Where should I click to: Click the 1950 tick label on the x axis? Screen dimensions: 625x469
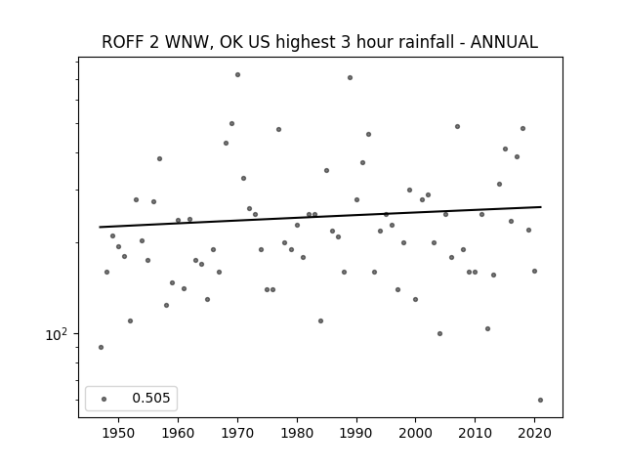point(118,433)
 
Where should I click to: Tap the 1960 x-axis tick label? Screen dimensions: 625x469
point(178,433)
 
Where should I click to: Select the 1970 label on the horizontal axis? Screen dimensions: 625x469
point(237,433)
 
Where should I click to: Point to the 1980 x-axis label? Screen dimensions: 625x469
point(297,433)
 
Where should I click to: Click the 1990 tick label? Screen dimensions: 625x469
point(356,433)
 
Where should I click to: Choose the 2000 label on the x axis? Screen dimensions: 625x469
point(415,433)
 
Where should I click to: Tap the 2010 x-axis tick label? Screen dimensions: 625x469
point(475,433)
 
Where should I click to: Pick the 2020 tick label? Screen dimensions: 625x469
point(534,433)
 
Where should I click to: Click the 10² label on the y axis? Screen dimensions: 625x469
point(56,334)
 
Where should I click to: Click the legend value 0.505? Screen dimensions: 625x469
point(151,398)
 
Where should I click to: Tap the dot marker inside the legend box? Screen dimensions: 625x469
point(104,399)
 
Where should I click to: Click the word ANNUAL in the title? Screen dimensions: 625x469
point(504,42)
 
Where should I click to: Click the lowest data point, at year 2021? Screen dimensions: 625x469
point(540,400)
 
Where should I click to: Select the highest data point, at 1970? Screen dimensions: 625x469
point(237,74)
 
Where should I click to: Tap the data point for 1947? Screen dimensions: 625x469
point(101,348)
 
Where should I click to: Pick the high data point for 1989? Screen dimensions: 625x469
point(350,78)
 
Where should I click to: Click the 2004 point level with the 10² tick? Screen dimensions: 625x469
point(439,334)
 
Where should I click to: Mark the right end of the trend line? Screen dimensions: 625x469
point(541,207)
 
